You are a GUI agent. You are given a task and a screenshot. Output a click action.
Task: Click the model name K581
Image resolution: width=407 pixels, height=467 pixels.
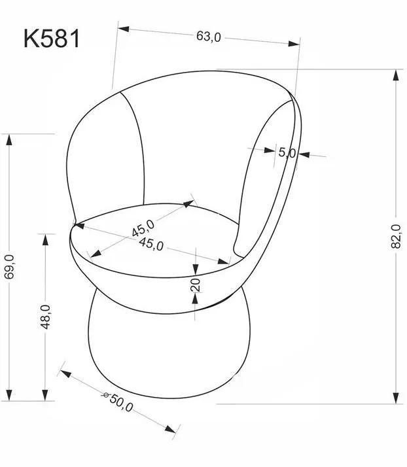(52, 39)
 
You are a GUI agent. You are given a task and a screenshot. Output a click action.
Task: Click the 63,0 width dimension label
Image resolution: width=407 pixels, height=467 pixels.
(209, 37)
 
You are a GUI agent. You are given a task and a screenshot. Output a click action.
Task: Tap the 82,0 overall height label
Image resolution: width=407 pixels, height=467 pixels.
(396, 237)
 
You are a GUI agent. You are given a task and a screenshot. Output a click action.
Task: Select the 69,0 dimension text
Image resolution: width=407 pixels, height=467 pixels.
(10, 267)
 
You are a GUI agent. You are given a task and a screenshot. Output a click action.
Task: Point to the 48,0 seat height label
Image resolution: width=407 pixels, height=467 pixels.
(45, 317)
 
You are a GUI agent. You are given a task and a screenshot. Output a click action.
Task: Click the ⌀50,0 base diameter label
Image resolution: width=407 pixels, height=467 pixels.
(118, 402)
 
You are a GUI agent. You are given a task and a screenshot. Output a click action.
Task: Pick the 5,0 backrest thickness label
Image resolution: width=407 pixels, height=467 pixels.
(287, 153)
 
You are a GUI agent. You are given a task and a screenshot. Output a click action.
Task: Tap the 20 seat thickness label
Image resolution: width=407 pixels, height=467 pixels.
(196, 285)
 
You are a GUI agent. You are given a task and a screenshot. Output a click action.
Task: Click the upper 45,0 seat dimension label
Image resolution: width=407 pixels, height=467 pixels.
(143, 228)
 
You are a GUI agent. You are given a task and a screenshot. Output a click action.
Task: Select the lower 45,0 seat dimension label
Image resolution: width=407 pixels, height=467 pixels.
(151, 245)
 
